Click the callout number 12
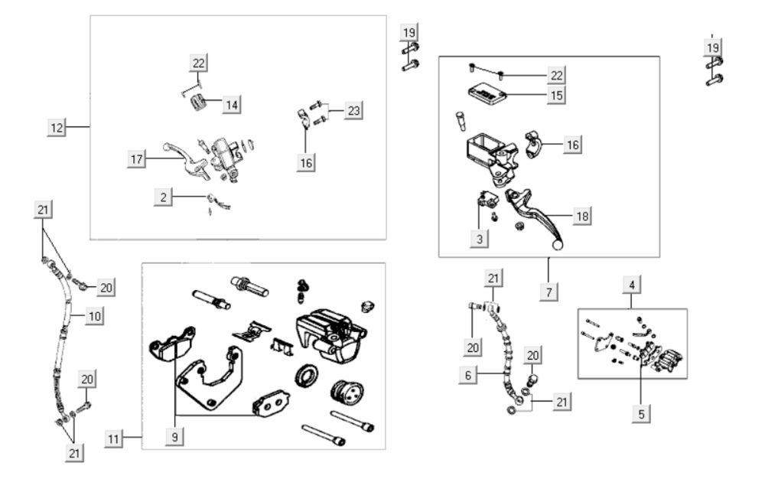(x=56, y=127)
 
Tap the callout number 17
(x=137, y=159)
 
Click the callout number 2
(x=162, y=197)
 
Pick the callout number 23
(x=353, y=110)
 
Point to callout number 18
(x=582, y=217)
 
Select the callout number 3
(x=480, y=239)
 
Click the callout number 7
(x=550, y=291)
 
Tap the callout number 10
(x=93, y=315)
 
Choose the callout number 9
(x=175, y=437)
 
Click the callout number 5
(x=641, y=413)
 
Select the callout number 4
(x=632, y=285)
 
